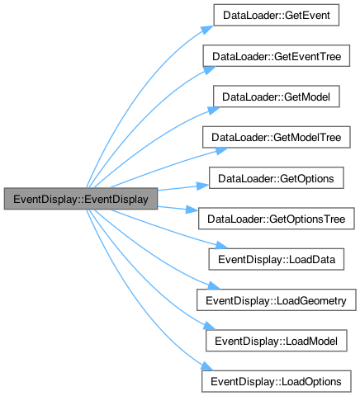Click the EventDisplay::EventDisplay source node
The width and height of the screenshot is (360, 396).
[x=81, y=199]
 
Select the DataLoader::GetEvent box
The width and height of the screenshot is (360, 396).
[x=277, y=15]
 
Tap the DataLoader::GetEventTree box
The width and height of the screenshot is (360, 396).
[x=277, y=56]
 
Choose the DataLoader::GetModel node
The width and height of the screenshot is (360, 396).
[x=277, y=97]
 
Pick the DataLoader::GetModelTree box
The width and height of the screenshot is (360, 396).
[x=277, y=137]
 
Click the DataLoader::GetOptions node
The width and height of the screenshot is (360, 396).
[x=277, y=178]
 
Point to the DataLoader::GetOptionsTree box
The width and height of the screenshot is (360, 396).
[x=277, y=219]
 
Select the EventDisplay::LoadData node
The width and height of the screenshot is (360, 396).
[x=277, y=259]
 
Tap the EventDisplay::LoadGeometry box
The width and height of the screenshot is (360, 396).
[x=277, y=300]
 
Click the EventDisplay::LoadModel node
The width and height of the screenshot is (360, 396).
[x=277, y=341]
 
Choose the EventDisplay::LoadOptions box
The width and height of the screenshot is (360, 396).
[x=277, y=381]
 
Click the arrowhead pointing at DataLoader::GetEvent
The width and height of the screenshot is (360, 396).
[x=207, y=30]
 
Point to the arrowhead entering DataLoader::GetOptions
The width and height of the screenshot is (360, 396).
[x=202, y=186]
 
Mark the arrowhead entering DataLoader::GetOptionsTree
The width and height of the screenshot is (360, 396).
[x=192, y=210]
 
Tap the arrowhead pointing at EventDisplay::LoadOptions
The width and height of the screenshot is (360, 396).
[x=207, y=366]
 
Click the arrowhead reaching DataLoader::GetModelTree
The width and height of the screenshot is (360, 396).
[x=221, y=151]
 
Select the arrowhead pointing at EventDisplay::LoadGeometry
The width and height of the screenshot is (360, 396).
[x=214, y=285]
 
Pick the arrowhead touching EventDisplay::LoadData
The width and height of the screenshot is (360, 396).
[x=221, y=245]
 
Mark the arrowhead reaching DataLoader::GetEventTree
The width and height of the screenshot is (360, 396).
[x=210, y=70]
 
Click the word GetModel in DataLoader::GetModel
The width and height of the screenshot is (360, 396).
[x=307, y=97]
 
